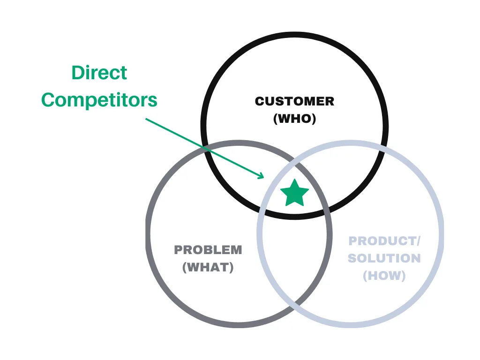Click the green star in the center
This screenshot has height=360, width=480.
point(294,193)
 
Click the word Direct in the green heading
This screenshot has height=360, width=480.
point(99,73)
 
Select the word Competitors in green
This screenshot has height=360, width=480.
point(99,100)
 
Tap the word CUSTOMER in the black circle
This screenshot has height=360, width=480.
point(294,101)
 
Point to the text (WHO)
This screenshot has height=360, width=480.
point(294,119)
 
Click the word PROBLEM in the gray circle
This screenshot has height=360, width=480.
point(208,250)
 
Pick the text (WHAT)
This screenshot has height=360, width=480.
point(208,268)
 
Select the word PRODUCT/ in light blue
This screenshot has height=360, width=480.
point(384,241)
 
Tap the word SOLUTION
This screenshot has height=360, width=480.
point(384,258)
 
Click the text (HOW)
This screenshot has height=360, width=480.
point(384,276)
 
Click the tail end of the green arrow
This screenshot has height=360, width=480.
point(146,119)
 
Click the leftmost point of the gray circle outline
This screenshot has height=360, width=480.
point(148,232)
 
